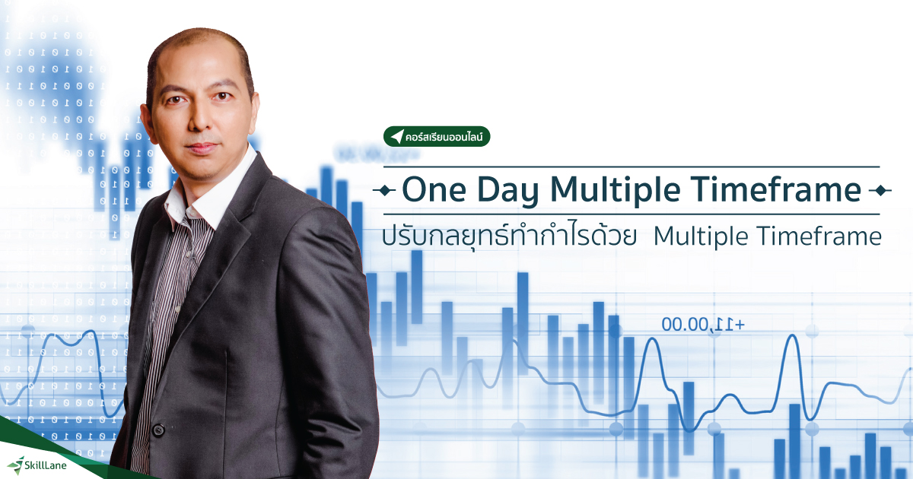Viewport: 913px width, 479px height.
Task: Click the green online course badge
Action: coord(437,137)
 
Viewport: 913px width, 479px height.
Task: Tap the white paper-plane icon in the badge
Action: coord(396,137)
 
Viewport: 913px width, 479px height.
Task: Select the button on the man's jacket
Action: coord(158,430)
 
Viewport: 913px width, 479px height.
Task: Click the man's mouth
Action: coord(201,148)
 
